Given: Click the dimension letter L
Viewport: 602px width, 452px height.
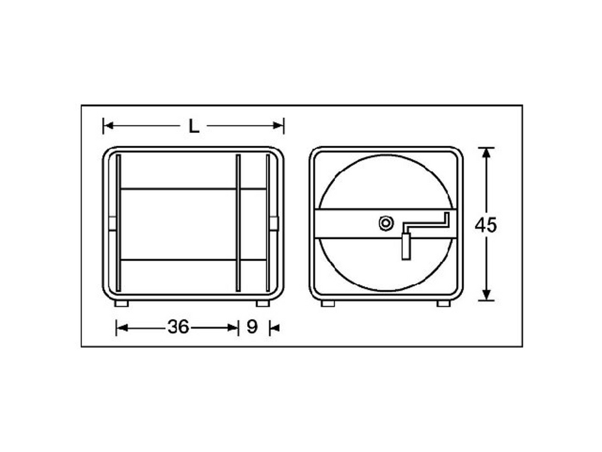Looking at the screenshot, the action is (194, 126).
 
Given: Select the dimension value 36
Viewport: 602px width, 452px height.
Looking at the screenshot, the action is (179, 327).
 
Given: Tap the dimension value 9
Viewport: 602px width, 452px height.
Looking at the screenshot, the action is (252, 327).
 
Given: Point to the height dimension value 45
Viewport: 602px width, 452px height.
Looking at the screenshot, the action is (486, 225).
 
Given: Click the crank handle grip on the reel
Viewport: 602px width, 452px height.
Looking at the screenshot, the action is (406, 246).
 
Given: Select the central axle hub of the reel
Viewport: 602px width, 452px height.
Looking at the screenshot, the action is (386, 223).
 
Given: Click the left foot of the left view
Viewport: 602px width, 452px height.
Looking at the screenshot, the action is (121, 303).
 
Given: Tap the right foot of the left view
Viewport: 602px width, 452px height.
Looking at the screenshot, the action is (263, 303).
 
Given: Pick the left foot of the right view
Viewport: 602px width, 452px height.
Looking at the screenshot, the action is (328, 303).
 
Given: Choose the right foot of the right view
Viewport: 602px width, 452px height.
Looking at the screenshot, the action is (443, 303).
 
